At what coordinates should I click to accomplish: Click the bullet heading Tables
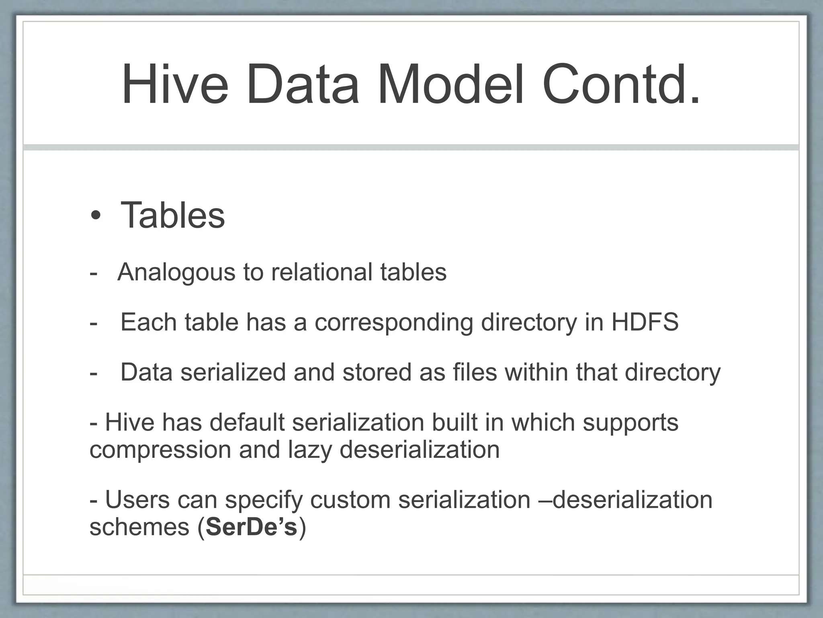(x=172, y=215)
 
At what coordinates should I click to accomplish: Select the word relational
(x=321, y=272)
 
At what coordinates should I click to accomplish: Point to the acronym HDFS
(x=645, y=322)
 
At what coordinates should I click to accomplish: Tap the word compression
(x=160, y=449)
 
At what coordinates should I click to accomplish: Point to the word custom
(x=350, y=500)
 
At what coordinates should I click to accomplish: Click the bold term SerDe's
(x=251, y=527)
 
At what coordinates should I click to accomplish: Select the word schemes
(x=139, y=527)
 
